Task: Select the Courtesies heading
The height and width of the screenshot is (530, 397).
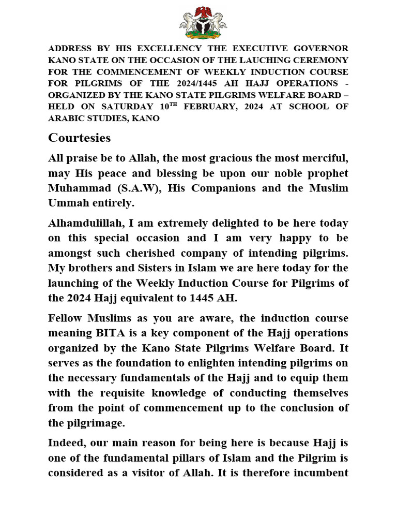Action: point(79,138)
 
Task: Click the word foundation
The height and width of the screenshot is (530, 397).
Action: point(147,363)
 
